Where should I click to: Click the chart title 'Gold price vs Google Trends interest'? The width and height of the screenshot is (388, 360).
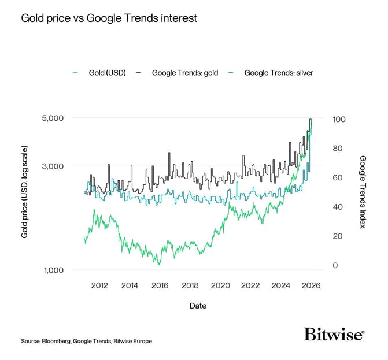point(109,18)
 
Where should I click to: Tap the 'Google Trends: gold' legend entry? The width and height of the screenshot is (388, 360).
point(184,73)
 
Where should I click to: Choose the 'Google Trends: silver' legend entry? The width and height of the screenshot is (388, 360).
point(278,73)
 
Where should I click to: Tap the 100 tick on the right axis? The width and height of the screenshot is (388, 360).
point(339,119)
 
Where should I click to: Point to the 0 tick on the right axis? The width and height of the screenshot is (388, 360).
point(335,266)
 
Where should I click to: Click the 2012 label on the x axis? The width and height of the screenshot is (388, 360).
point(99,285)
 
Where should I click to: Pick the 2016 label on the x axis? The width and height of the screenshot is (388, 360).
point(160,285)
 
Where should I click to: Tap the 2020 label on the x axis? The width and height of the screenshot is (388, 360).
point(220,285)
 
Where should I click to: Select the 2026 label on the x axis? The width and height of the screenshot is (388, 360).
point(311,285)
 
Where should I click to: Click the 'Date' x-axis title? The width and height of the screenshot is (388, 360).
point(198,306)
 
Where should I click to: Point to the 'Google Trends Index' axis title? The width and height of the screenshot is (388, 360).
point(363,192)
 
